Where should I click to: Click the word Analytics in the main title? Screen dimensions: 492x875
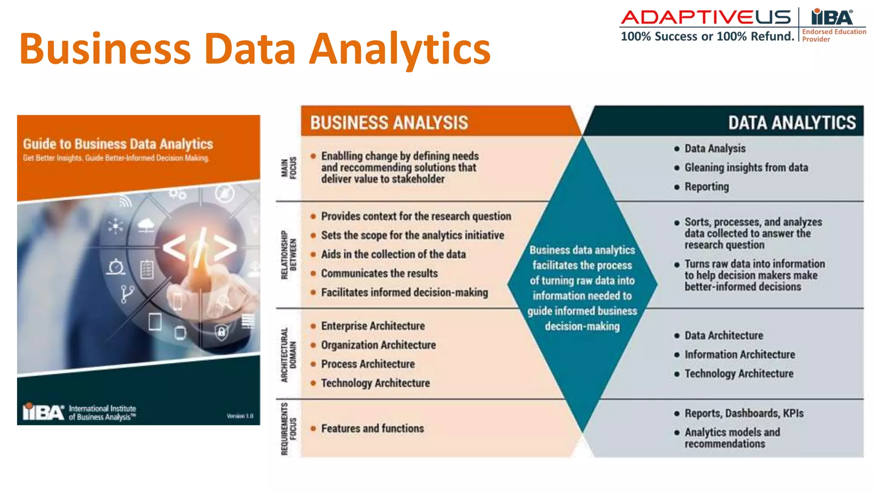click(x=400, y=49)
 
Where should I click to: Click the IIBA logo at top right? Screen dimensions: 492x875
click(x=832, y=18)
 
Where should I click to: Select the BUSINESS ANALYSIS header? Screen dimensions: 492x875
click(x=389, y=123)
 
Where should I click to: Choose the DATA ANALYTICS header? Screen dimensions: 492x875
click(x=792, y=123)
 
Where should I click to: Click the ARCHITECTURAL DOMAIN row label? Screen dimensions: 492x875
click(x=288, y=354)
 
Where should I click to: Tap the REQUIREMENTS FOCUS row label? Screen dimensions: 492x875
click(x=288, y=428)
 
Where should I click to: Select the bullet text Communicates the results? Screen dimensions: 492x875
click(x=379, y=273)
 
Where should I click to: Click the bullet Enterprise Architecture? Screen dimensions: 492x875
click(x=373, y=326)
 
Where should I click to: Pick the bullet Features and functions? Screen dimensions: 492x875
click(x=372, y=428)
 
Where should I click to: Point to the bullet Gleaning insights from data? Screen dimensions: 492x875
click(x=746, y=167)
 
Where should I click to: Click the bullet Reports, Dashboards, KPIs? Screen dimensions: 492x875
click(x=744, y=413)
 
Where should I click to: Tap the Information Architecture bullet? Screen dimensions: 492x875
click(x=740, y=354)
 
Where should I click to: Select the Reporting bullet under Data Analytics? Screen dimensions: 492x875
click(x=707, y=187)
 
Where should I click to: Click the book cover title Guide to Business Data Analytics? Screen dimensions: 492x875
click(x=118, y=144)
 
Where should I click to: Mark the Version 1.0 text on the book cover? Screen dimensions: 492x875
click(x=240, y=416)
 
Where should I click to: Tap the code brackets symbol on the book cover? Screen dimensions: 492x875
click(x=199, y=248)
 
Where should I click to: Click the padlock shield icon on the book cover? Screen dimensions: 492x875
click(x=221, y=332)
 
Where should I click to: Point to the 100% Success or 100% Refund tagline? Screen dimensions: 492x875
click(x=707, y=36)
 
